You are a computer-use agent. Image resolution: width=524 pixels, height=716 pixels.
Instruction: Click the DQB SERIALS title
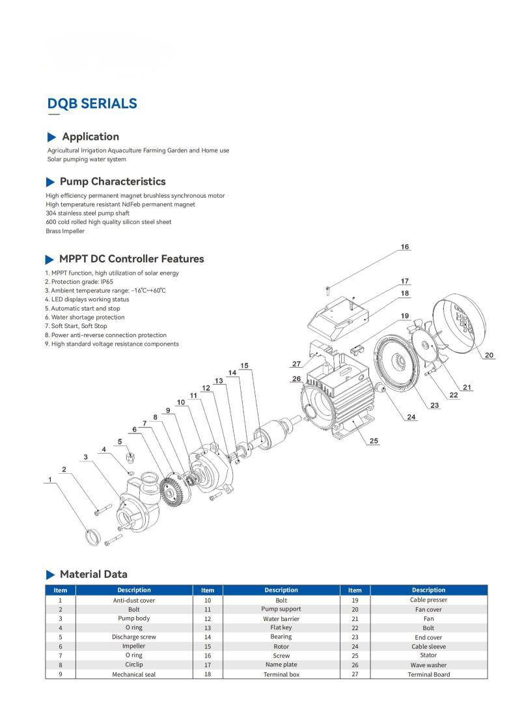point(92,103)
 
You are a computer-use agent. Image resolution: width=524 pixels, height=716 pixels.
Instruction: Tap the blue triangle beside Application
point(52,137)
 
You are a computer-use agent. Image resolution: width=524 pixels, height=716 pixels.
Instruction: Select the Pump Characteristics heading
point(112,182)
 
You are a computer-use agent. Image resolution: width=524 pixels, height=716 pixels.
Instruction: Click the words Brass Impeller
point(65,231)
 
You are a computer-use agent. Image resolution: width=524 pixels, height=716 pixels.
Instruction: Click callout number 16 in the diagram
point(404,247)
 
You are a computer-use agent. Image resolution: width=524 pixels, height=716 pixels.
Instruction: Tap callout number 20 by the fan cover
point(490,355)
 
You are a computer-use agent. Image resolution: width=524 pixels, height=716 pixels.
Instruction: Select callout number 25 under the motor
point(374,441)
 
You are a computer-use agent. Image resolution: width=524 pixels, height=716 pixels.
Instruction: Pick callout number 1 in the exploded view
point(49,480)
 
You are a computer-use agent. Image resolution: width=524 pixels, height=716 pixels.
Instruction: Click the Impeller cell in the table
point(134,646)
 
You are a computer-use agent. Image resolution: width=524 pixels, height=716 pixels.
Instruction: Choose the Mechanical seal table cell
point(134,674)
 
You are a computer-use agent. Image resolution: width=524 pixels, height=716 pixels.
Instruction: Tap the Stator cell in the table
point(428,655)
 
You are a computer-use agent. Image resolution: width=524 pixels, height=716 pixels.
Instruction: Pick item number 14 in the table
point(208,637)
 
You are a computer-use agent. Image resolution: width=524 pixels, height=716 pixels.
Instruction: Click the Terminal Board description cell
point(428,674)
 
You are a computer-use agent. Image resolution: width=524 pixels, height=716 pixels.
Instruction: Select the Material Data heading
point(93,574)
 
